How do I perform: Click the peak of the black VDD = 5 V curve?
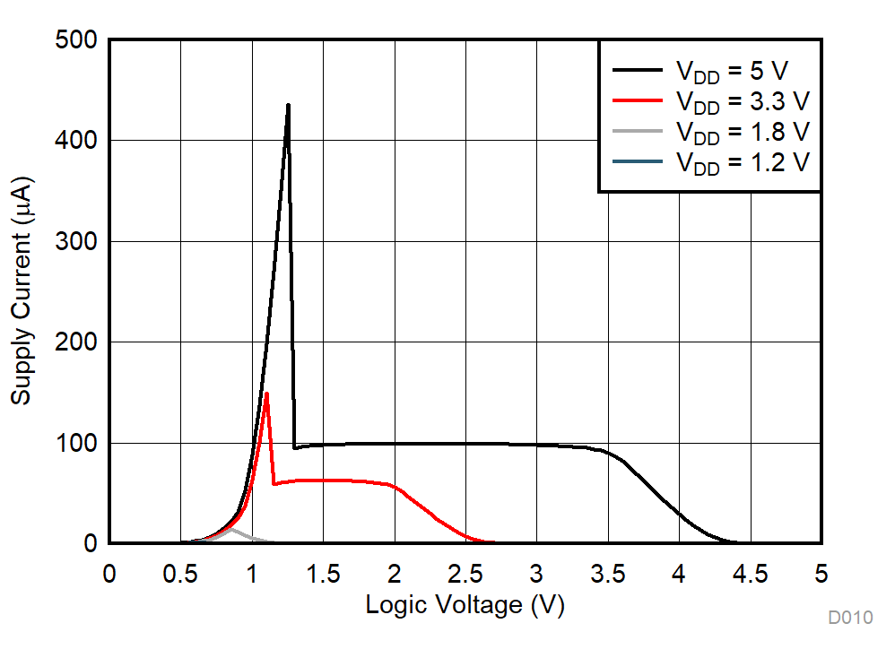288,105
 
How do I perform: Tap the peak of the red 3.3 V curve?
266,394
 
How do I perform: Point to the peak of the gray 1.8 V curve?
231,530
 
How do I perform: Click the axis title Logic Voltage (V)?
465,606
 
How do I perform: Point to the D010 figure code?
849,618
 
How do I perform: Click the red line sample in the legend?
638,100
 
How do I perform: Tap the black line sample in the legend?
638,69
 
